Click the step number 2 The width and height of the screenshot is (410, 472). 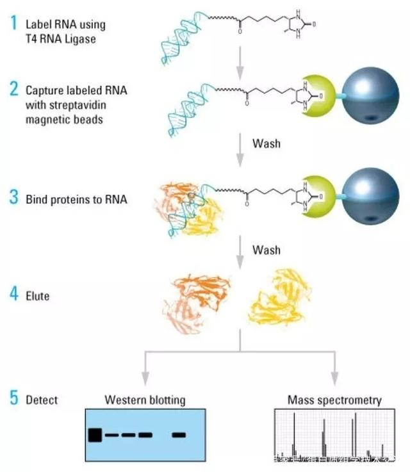[13, 89]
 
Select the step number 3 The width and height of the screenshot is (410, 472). [13, 198]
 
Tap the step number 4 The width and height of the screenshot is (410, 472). [13, 297]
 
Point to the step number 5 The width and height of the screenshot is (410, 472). [13, 400]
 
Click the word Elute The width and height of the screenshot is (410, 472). [37, 297]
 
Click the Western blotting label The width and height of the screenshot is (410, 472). [145, 400]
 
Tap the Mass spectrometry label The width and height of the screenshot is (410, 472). [334, 400]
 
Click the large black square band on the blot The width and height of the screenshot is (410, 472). [95, 435]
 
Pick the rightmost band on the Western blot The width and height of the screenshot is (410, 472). [179, 435]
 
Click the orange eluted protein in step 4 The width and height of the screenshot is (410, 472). [196, 301]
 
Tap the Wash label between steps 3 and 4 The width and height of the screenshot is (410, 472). [266, 249]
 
